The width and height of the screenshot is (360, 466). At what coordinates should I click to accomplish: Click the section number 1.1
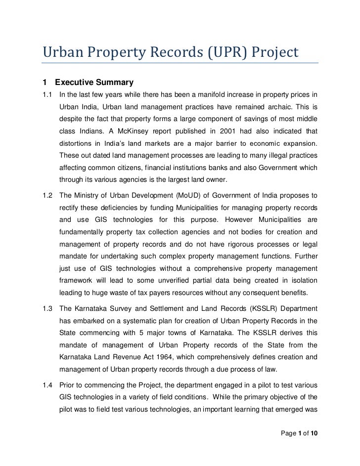[48, 94]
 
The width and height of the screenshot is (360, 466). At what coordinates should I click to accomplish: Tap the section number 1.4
[48, 383]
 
